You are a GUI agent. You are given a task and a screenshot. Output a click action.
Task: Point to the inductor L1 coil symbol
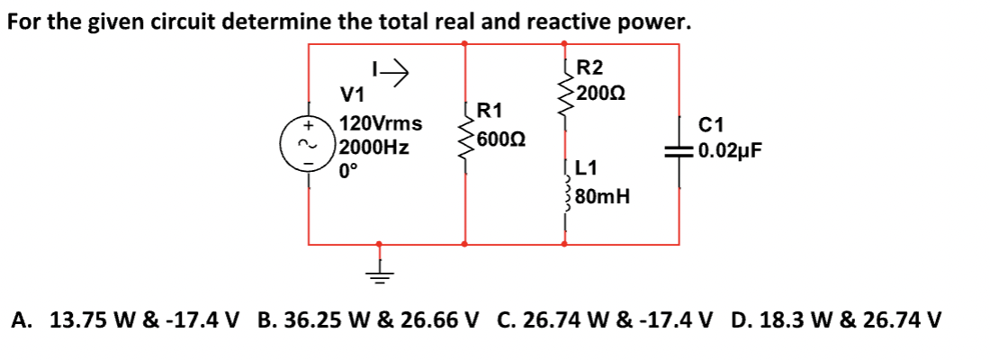coord(565,191)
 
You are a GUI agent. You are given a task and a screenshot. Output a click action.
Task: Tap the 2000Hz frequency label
coord(375,148)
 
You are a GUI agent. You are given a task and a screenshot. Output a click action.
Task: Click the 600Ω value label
coord(501,140)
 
